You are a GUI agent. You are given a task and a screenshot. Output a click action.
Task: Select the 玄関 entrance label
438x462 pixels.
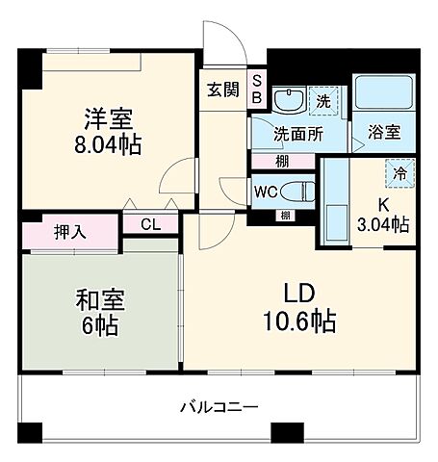pos(221,90)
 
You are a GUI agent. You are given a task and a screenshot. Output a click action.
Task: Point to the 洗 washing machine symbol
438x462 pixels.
pos(323,99)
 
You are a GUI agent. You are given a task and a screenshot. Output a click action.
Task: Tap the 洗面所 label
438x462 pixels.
pos(296,134)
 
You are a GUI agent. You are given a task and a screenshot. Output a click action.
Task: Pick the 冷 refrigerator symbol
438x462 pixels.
pos(397,173)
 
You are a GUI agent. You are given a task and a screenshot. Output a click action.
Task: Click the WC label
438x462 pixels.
pos(267,191)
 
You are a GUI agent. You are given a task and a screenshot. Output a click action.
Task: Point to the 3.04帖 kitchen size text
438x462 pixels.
pos(384,224)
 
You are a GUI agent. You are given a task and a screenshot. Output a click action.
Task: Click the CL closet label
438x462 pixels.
pos(149,224)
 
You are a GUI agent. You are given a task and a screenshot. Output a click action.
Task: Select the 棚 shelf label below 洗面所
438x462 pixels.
pos(281,161)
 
